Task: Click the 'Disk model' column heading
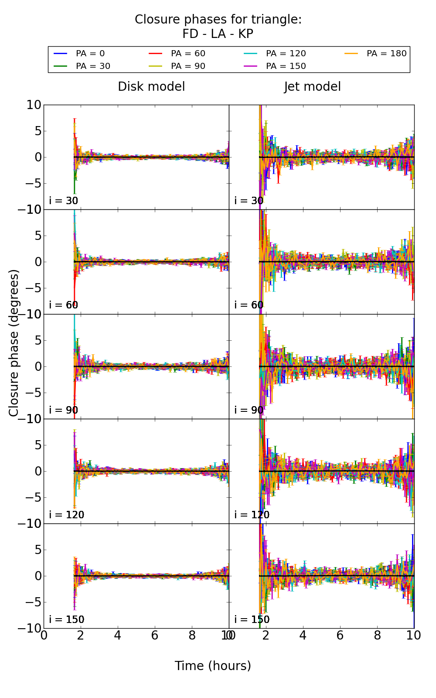click(x=151, y=87)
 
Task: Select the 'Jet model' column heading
click(x=312, y=87)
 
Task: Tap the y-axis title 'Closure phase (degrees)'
click(x=14, y=343)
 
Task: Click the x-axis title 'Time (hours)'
click(x=213, y=666)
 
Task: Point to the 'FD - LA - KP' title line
click(x=218, y=34)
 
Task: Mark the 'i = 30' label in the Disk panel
click(x=64, y=201)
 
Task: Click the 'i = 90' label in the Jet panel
click(x=249, y=410)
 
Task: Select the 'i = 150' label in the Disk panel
click(x=67, y=619)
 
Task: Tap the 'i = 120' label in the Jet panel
click(x=252, y=515)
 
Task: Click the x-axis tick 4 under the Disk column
click(x=118, y=636)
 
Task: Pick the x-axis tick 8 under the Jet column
click(x=377, y=636)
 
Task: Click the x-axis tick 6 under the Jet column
click(x=340, y=636)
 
